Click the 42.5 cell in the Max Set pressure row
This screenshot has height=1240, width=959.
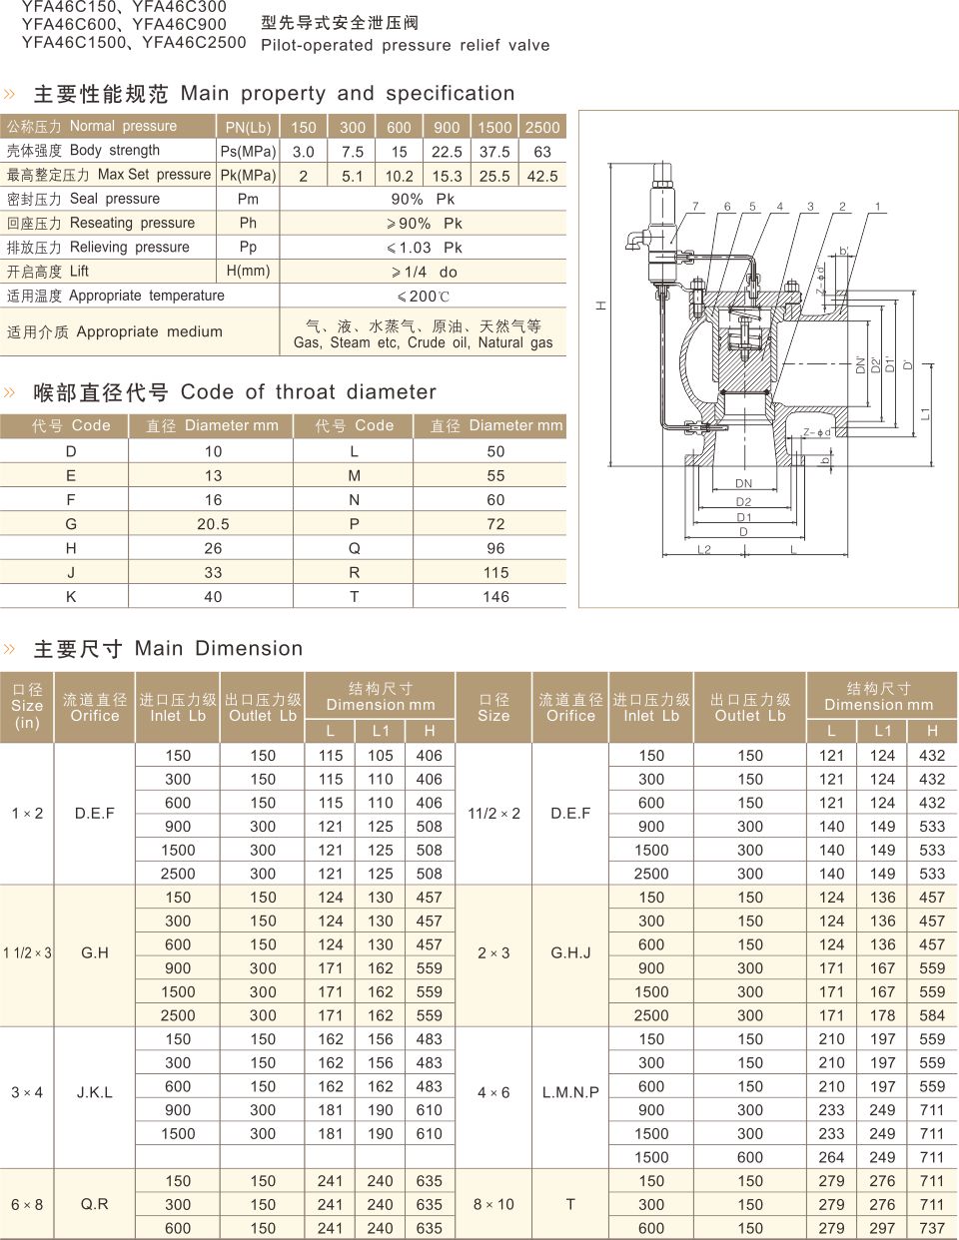[x=542, y=176]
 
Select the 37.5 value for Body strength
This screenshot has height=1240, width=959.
[x=494, y=152]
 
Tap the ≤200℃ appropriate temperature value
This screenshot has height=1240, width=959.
[x=424, y=297]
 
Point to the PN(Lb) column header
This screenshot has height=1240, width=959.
[x=248, y=127]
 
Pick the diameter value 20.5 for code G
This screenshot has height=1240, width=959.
[x=213, y=524]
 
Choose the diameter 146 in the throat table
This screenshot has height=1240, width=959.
[x=495, y=597]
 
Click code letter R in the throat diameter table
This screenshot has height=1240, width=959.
[x=354, y=573]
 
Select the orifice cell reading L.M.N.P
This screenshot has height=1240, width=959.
[x=570, y=1093]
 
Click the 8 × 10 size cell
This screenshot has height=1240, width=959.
[x=493, y=1205]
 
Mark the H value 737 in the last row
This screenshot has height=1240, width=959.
[x=932, y=1229]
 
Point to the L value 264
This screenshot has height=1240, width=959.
[x=831, y=1158]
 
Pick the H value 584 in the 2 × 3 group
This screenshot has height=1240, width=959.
[x=932, y=1016]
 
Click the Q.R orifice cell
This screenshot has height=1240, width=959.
[x=95, y=1205]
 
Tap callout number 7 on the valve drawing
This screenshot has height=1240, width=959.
[x=696, y=207]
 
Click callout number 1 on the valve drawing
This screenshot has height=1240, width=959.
[x=877, y=207]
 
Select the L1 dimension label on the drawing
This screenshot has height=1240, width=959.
[x=925, y=412]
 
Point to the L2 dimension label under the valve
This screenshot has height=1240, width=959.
[x=704, y=550]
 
